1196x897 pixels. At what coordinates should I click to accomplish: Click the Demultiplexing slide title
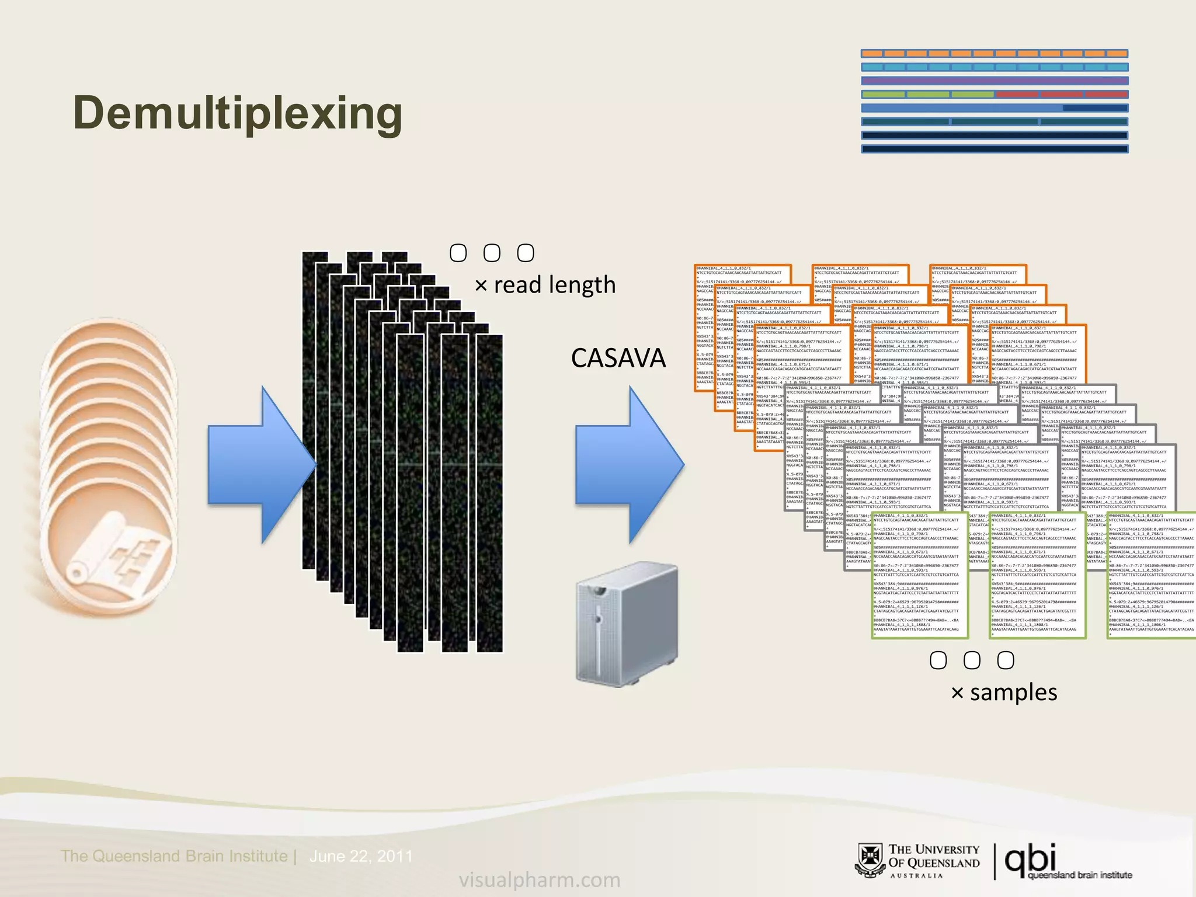(238, 113)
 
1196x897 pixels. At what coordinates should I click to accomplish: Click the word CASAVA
(618, 358)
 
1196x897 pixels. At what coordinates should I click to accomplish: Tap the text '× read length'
(545, 285)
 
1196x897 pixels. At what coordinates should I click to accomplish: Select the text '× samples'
(1004, 693)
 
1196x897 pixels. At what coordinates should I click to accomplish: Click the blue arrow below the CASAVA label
(629, 465)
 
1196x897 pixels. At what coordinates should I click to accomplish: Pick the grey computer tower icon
(627, 624)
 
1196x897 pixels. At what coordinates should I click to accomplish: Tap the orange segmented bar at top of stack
(994, 54)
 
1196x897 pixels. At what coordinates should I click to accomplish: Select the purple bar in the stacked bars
(994, 81)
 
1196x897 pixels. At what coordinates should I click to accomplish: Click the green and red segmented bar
(994, 94)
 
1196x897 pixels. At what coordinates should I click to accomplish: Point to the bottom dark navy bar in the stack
(994, 149)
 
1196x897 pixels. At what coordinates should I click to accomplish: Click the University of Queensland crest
(870, 860)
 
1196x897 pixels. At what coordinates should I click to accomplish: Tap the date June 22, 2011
(360, 856)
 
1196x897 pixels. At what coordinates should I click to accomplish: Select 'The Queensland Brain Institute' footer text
(174, 856)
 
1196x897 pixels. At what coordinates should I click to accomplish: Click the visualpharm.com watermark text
(539, 879)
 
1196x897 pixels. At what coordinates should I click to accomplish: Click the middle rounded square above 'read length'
(492, 253)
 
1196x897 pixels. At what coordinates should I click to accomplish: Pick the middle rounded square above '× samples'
(972, 660)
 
